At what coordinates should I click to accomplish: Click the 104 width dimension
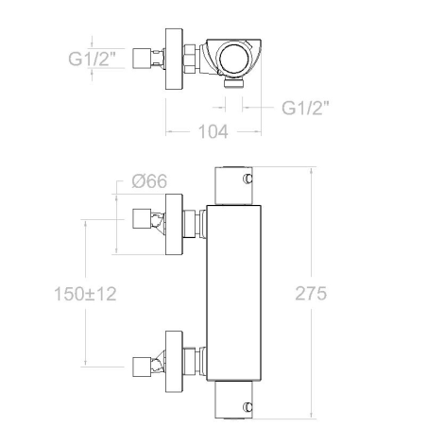(x=213, y=131)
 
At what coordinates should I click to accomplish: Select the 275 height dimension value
(x=311, y=294)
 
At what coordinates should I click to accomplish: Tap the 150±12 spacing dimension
(x=85, y=294)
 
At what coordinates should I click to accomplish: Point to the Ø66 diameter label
(x=149, y=181)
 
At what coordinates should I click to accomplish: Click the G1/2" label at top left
(x=92, y=59)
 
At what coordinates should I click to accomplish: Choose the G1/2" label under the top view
(x=305, y=108)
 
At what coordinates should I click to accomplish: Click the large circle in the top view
(x=234, y=59)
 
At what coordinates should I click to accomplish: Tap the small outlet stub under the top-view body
(x=234, y=83)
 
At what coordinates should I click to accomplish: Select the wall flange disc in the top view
(x=174, y=59)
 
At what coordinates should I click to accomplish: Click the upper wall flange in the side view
(x=174, y=224)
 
